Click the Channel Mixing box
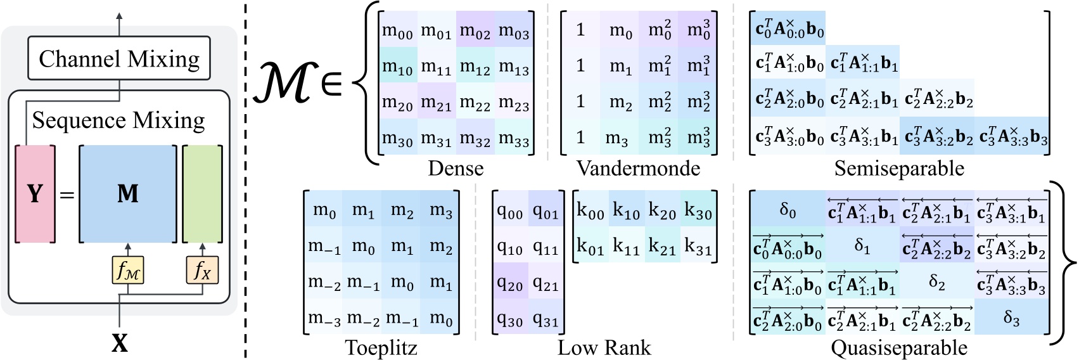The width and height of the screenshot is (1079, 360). [119, 58]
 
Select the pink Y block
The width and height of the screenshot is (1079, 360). [35, 193]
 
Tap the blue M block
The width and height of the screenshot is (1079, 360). [127, 193]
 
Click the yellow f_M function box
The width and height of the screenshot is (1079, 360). [128, 271]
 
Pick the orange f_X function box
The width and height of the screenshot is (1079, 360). [202, 271]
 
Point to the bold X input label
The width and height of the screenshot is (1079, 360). [120, 344]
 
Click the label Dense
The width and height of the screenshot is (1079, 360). [456, 168]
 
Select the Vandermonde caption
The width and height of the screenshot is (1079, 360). [638, 168]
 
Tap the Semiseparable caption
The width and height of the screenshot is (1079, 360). [898, 168]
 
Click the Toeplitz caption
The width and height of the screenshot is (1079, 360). [381, 347]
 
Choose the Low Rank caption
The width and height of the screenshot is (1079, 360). [604, 347]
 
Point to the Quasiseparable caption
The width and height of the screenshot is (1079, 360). [898, 347]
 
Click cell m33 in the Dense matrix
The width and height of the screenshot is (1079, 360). [514, 138]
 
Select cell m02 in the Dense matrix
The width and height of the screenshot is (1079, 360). [475, 30]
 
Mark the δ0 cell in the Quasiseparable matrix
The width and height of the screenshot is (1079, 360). [788, 210]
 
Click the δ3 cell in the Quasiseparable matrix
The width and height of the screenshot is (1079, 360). [1011, 318]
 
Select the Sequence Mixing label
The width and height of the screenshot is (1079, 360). [118, 120]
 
